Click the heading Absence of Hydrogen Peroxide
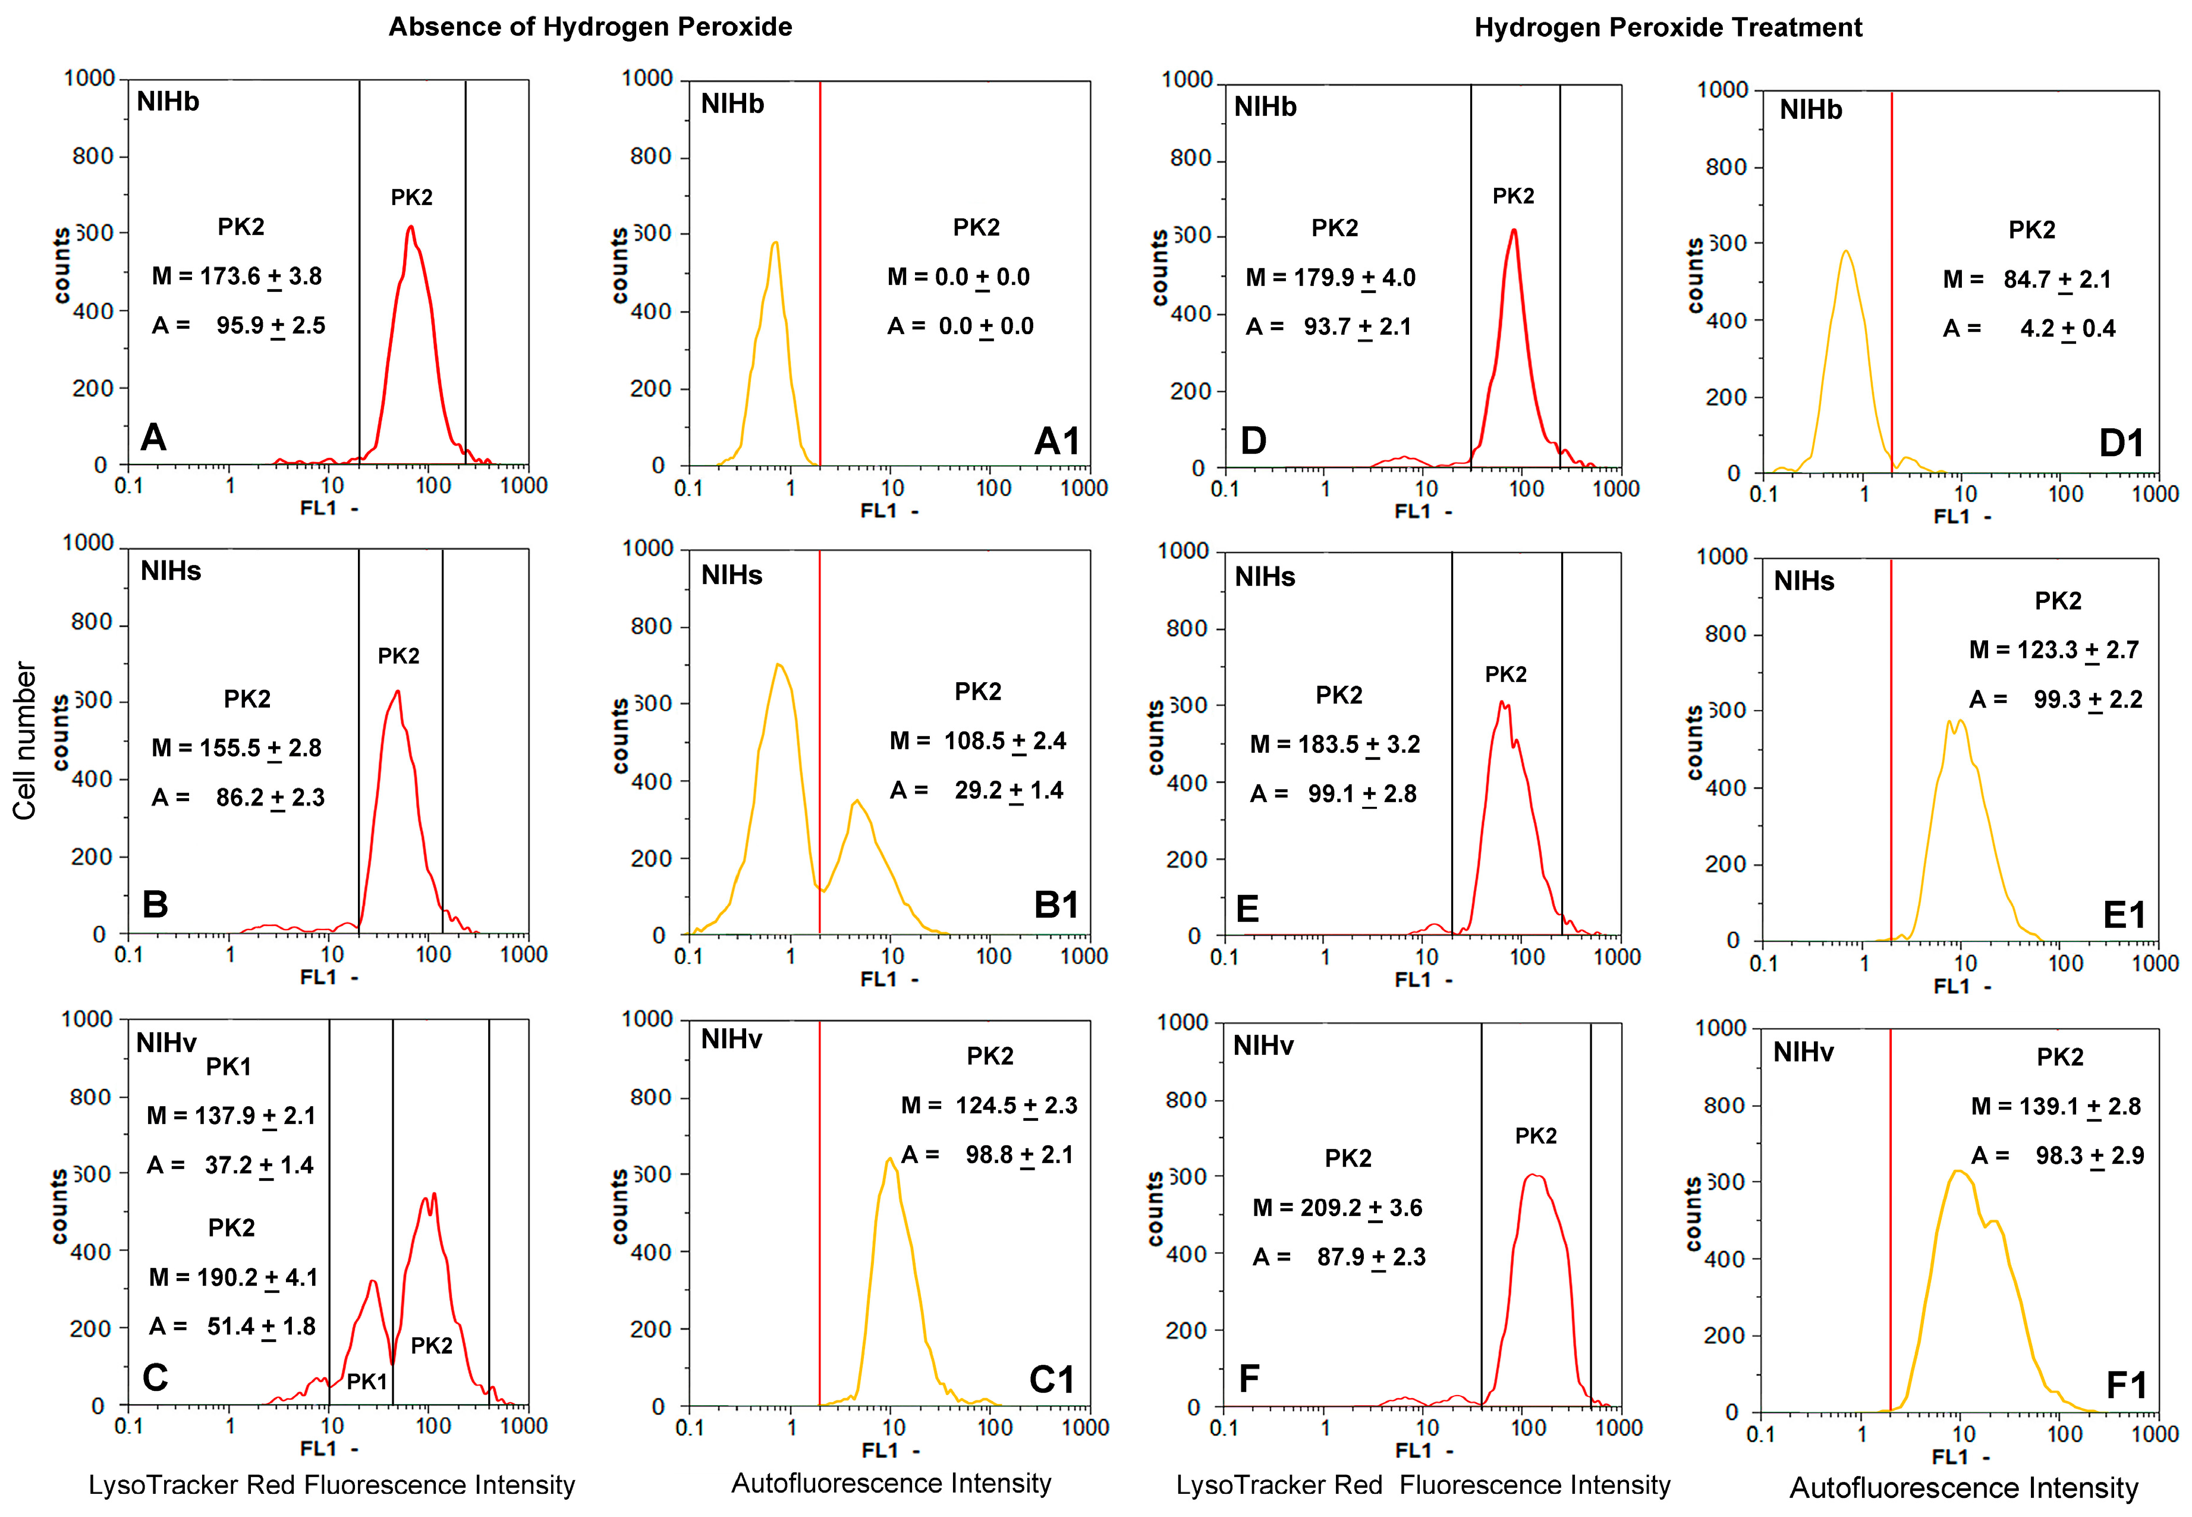point(590,27)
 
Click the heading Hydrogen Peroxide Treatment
point(1668,27)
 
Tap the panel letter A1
point(1056,441)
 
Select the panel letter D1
point(2121,444)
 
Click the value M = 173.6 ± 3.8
point(238,277)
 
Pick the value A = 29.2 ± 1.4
point(977,791)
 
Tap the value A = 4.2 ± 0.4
point(2029,329)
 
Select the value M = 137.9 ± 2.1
point(231,1116)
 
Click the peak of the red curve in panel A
point(410,227)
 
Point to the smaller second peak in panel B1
point(856,801)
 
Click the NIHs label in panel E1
point(1803,582)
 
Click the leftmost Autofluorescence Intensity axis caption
point(891,1484)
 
